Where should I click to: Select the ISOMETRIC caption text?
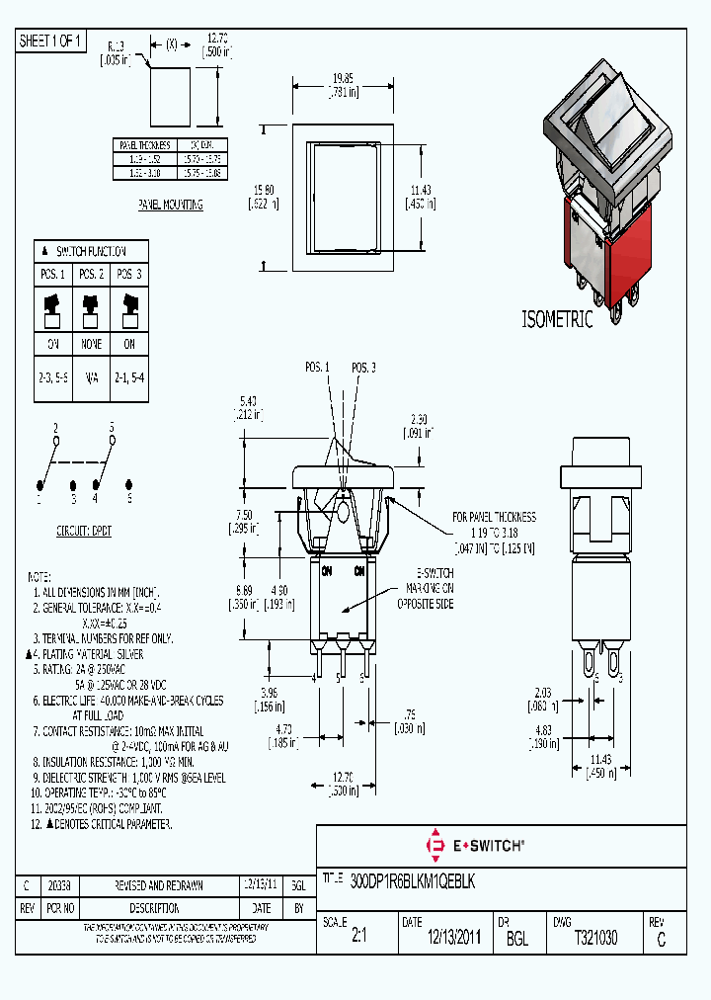click(x=557, y=319)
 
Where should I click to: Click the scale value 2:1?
click(x=357, y=938)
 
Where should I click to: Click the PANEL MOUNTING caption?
click(x=171, y=205)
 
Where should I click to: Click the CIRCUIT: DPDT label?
click(x=84, y=531)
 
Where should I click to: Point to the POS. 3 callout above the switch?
click(x=363, y=368)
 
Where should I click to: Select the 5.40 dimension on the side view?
click(x=248, y=401)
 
